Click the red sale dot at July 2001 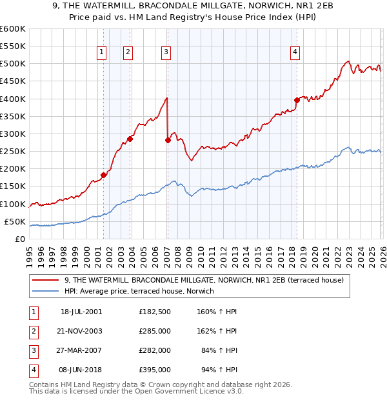tap(103, 175)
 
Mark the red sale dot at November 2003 tap(130, 139)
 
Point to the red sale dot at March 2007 tap(168, 140)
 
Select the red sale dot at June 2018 tap(297, 100)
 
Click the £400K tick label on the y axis tap(13, 99)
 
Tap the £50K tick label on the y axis tap(15, 221)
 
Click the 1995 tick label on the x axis tap(29, 252)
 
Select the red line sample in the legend tap(46, 280)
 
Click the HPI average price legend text tap(139, 291)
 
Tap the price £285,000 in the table tap(155, 331)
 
